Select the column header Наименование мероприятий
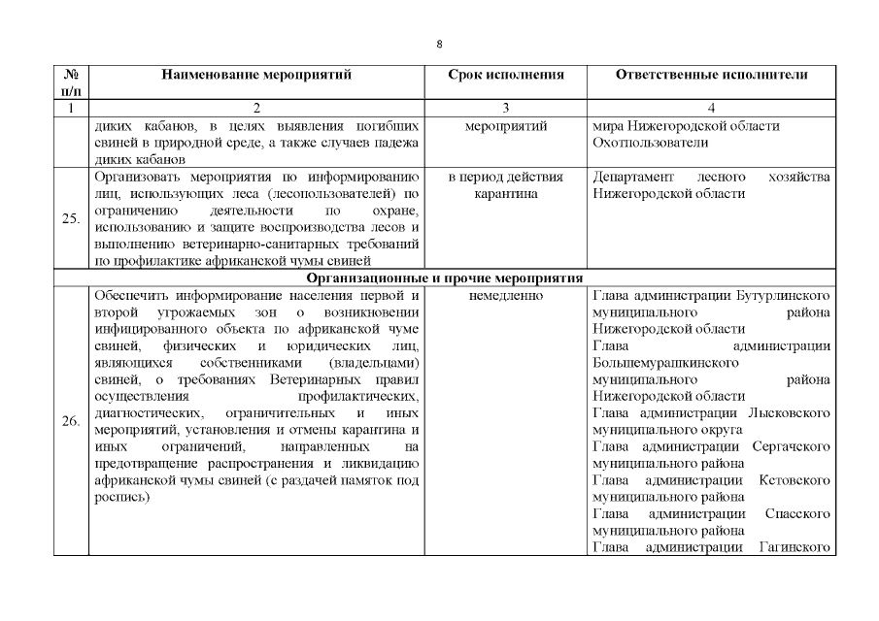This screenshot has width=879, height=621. tap(256, 74)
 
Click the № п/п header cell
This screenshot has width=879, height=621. tap(70, 82)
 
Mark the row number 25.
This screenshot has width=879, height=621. tap(70, 218)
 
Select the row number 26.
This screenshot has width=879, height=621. tap(70, 422)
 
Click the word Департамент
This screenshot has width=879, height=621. tap(634, 178)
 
